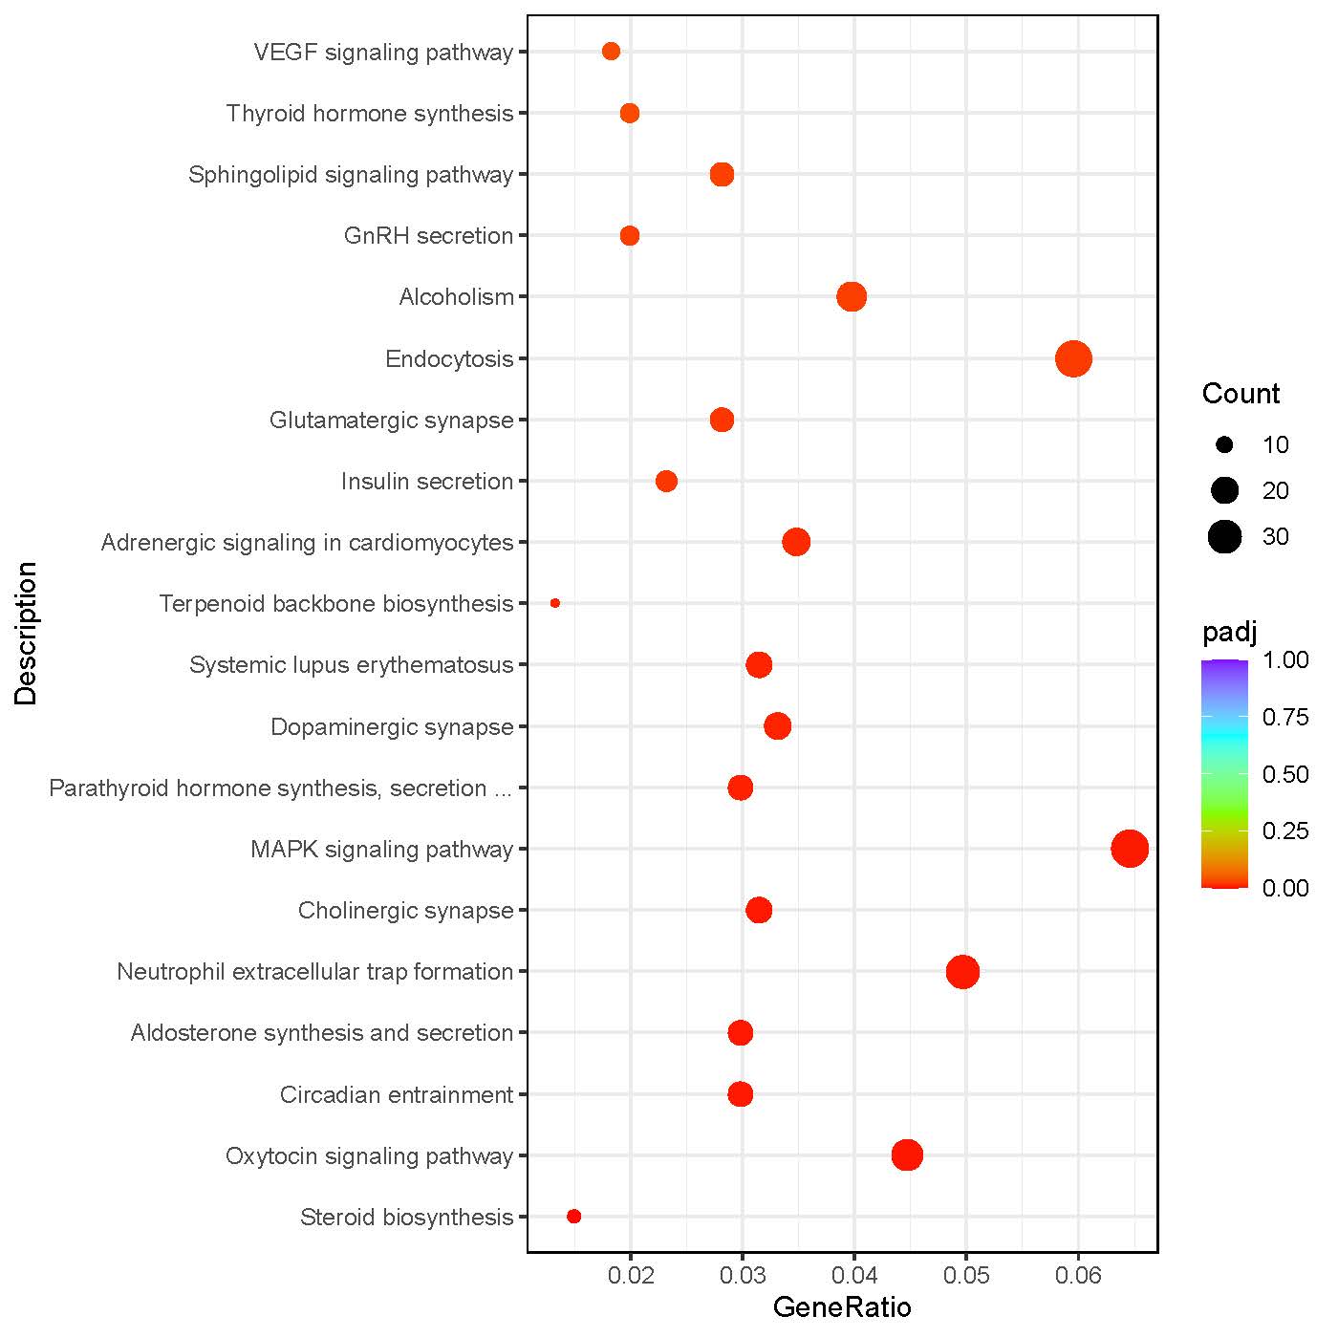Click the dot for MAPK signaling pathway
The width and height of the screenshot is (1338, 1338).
coord(1130,849)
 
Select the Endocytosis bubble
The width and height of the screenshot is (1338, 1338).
coord(1073,359)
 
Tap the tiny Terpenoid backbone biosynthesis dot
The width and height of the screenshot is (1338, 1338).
coord(555,603)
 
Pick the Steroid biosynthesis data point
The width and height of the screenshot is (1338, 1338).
coord(573,1217)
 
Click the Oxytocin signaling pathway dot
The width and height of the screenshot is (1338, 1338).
coord(907,1155)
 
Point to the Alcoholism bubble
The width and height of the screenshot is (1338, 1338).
coord(852,297)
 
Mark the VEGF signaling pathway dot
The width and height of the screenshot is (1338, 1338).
coord(611,52)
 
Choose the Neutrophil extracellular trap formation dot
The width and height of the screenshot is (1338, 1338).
coord(962,972)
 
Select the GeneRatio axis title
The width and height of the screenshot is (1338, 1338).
coord(842,1307)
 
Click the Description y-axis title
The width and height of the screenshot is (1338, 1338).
coord(26,633)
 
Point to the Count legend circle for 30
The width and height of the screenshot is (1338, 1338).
coord(1224,537)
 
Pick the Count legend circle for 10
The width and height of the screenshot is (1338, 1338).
coord(1224,445)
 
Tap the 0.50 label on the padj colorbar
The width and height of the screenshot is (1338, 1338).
coord(1285,774)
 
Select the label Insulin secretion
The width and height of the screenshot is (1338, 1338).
coord(427,482)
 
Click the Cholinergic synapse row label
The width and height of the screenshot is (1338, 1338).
coord(405,911)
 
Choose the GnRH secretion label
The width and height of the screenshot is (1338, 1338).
coord(428,236)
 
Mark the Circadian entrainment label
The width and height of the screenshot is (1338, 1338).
coord(397,1094)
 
